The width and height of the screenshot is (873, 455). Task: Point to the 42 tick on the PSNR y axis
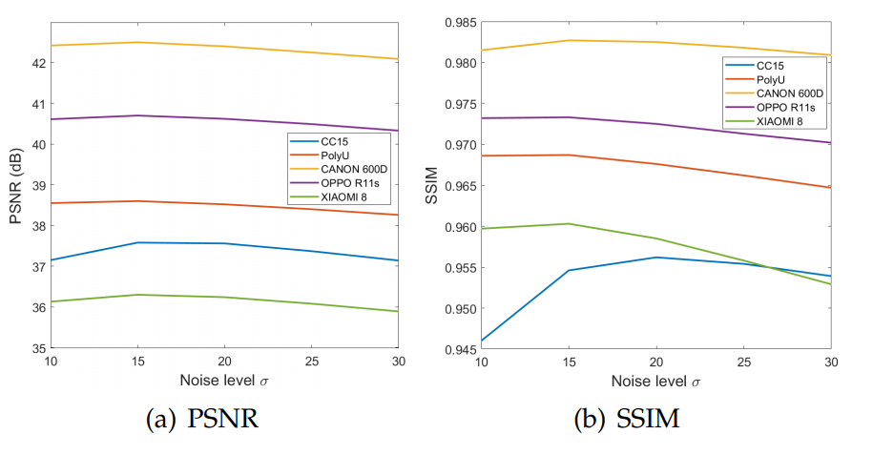(38, 63)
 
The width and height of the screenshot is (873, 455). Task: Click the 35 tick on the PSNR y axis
(38, 349)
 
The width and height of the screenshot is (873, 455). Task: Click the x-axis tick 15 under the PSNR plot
(137, 362)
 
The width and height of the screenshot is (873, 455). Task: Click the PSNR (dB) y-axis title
(16, 186)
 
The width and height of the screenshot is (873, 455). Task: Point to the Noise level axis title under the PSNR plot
(223, 381)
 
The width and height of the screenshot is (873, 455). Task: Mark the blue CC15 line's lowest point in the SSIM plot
(482, 341)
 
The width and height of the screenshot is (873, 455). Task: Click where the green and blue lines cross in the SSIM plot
(769, 267)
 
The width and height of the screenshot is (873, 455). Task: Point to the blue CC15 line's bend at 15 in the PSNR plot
(137, 242)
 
